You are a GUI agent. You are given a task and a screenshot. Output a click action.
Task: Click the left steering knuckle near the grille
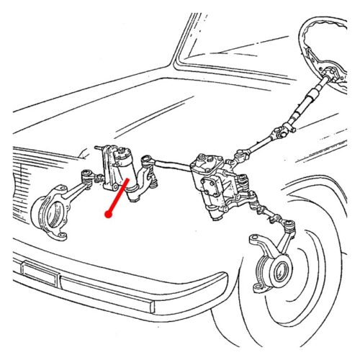[x=54, y=209]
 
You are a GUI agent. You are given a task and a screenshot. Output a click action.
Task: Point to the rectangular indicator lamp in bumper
[x=40, y=271]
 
